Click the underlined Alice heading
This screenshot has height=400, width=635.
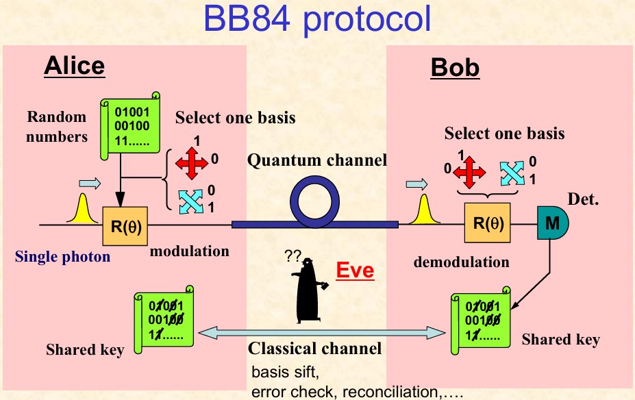pyautogui.click(x=74, y=65)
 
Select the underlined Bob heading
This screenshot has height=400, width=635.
pyautogui.click(x=455, y=68)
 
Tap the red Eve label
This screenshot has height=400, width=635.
pyautogui.click(x=355, y=270)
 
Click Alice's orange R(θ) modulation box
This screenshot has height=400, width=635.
pyautogui.click(x=122, y=227)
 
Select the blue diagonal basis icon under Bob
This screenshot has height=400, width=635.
pyautogui.click(x=512, y=173)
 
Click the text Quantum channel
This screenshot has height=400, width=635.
pyautogui.click(x=317, y=161)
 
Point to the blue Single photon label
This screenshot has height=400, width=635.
pyautogui.click(x=62, y=258)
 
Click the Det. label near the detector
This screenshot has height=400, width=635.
pyautogui.click(x=584, y=200)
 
